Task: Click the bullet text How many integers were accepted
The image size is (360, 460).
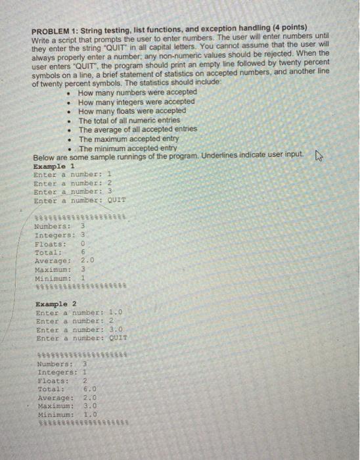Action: pyautogui.click(x=136, y=102)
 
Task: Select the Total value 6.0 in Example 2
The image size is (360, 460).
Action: pyautogui.click(x=91, y=389)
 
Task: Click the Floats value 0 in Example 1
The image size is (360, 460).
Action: pyautogui.click(x=84, y=242)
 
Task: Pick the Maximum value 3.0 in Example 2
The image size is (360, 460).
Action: pyautogui.click(x=91, y=406)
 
